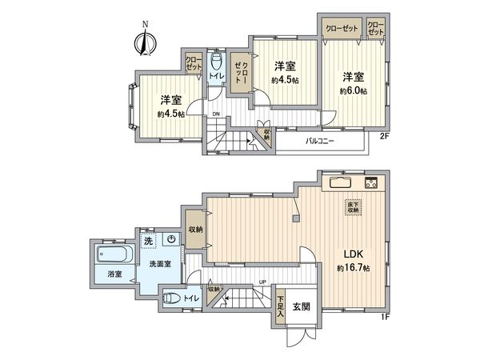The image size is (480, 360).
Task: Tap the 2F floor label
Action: [383, 136]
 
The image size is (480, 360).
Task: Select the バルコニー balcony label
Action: [319, 141]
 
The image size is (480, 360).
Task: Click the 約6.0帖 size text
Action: [353, 91]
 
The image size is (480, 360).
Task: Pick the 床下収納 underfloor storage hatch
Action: [353, 206]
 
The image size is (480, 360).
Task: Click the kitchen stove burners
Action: [372, 183]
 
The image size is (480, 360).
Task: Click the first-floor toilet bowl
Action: [170, 300]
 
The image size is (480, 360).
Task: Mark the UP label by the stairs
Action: [263, 282]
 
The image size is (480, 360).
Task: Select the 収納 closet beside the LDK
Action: [196, 230]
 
